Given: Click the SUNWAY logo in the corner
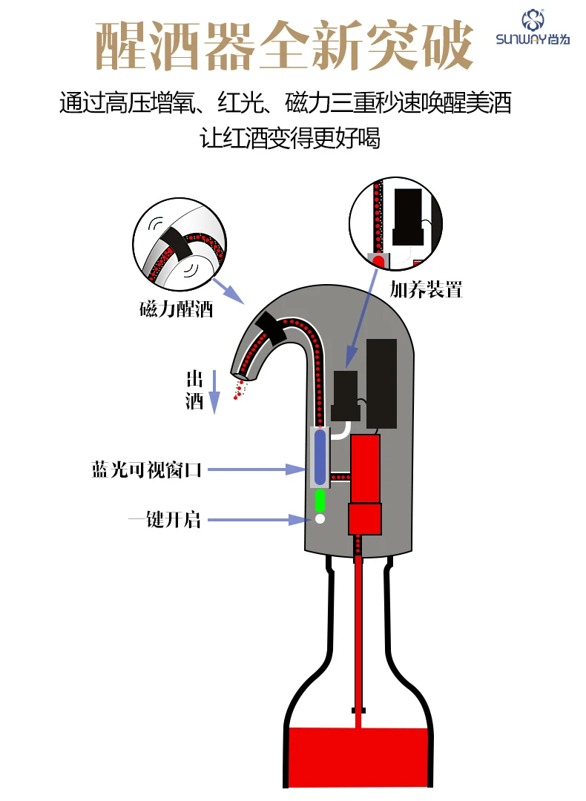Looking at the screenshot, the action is [x=533, y=27].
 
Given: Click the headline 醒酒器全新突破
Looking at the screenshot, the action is [x=284, y=45].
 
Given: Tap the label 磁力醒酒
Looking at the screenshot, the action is [x=177, y=309].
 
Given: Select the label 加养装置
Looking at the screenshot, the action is [x=426, y=290].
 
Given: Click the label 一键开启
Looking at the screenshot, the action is [x=165, y=520].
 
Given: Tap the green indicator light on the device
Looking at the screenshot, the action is [x=320, y=501].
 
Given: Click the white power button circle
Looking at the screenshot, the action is [x=320, y=519].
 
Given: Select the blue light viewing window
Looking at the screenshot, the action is [x=320, y=457].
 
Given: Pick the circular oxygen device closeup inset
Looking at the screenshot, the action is [x=396, y=223].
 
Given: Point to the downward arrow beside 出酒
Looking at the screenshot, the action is [x=214, y=392].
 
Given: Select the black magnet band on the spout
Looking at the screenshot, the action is [x=271, y=328].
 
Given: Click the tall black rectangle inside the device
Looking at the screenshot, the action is [x=381, y=383].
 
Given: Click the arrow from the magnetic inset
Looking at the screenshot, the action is [x=228, y=291].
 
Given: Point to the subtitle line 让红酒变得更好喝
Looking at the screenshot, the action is [x=290, y=139].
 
